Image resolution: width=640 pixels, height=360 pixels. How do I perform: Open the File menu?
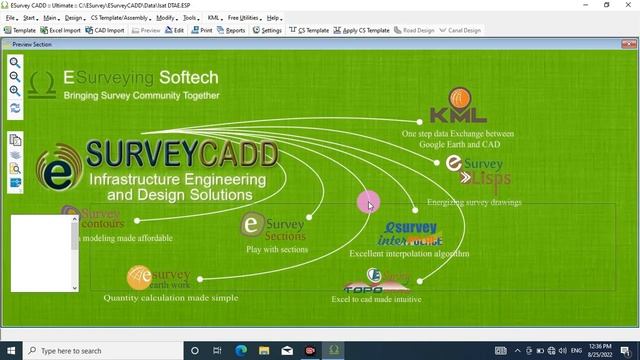click(x=11, y=18)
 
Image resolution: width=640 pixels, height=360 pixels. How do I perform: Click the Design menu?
click(x=74, y=18)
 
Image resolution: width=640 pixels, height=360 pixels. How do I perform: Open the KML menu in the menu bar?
click(x=214, y=18)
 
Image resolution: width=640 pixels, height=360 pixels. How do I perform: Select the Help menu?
click(x=273, y=18)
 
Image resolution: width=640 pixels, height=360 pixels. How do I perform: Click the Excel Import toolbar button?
click(x=61, y=30)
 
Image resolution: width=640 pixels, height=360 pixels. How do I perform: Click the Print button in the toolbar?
click(x=202, y=30)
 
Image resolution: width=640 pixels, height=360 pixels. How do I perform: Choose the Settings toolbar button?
click(x=267, y=30)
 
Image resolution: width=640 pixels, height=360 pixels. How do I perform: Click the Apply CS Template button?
click(x=361, y=30)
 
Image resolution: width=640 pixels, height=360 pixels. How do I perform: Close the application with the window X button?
click(x=629, y=5)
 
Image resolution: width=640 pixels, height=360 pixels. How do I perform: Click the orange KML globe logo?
click(x=461, y=99)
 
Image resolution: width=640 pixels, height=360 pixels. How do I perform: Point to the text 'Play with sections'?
click(x=277, y=249)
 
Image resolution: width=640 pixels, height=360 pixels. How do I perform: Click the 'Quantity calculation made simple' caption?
click(x=171, y=297)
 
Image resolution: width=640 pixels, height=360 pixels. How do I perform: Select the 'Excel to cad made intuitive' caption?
click(x=376, y=299)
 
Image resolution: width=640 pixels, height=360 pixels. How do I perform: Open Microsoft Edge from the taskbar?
click(x=241, y=351)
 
